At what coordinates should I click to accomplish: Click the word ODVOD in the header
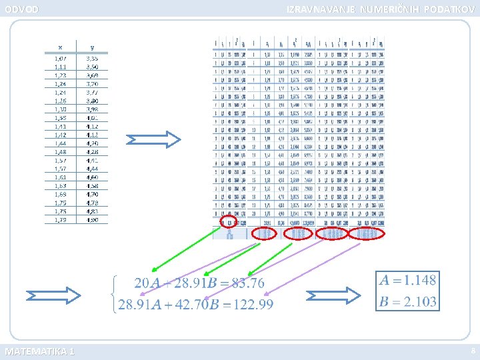coord(22,9)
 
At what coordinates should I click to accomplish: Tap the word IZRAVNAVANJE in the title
coord(321,9)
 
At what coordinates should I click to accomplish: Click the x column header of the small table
coord(61,47)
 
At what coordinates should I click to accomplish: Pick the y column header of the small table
coord(91,47)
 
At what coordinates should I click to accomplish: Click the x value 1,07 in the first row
coord(61,59)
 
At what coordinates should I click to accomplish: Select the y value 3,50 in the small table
coord(91,67)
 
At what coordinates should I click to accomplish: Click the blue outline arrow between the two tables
coord(153,139)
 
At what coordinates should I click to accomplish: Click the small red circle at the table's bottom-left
coord(228,222)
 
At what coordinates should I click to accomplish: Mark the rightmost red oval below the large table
coord(367,234)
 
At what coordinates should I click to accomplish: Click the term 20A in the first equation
coord(147,283)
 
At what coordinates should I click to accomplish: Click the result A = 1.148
coord(407,280)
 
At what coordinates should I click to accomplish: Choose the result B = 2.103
coord(407,301)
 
